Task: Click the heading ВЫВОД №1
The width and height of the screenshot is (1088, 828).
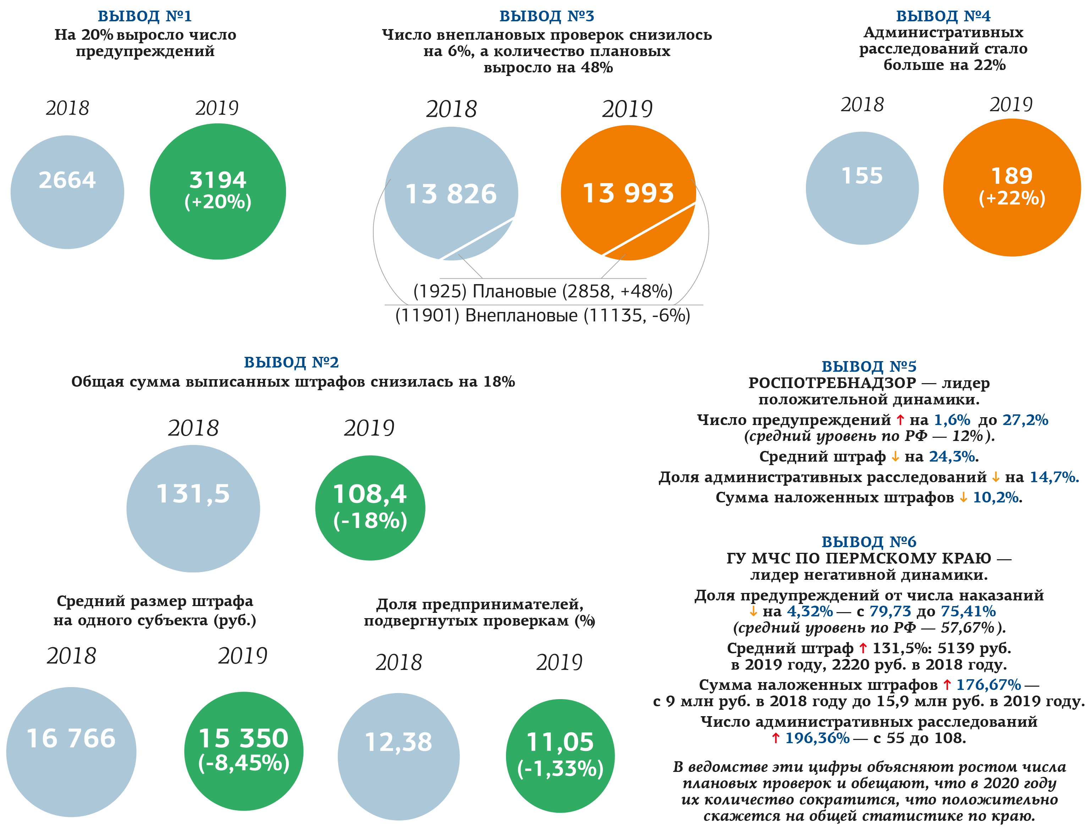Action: (145, 16)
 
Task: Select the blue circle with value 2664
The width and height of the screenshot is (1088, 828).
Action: (67, 192)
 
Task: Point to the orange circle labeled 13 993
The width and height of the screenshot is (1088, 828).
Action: (628, 193)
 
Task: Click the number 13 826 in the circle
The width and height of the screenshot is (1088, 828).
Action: (451, 194)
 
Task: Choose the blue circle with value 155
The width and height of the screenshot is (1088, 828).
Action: (862, 188)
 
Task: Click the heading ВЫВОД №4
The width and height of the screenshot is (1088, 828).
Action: (943, 16)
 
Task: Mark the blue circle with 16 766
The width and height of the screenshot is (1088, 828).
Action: (71, 752)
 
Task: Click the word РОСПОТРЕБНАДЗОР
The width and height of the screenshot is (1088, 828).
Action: (832, 383)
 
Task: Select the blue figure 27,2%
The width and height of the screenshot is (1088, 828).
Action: (1025, 420)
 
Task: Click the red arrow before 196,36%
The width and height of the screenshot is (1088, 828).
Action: (776, 738)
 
